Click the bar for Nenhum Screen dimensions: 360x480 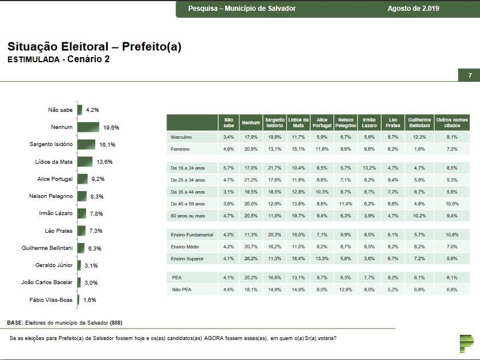coord(89,127)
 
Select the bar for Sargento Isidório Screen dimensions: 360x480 coord(87,144)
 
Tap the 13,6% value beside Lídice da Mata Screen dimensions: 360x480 coord(104,162)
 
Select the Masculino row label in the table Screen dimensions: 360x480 coord(181,137)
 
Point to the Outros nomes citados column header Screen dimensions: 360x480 coord(452,122)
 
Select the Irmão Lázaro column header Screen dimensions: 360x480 coord(369,122)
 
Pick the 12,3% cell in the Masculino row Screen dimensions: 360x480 coord(420,137)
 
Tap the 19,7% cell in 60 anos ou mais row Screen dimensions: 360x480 coord(298,216)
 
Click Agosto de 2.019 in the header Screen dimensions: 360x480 coord(413,9)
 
